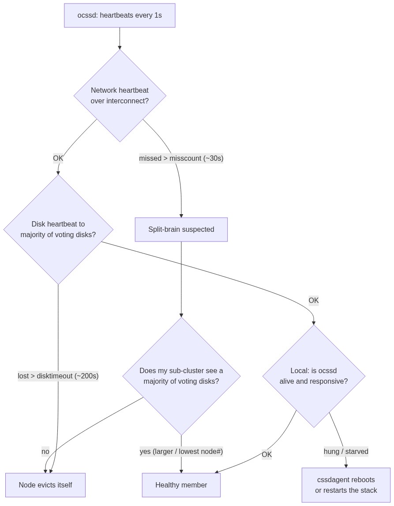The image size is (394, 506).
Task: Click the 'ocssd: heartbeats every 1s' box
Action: (x=120, y=15)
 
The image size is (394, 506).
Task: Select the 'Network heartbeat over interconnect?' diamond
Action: (x=120, y=95)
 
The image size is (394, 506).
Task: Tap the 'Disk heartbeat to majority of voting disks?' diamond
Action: (x=58, y=230)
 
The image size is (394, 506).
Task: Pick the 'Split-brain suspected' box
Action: (x=181, y=230)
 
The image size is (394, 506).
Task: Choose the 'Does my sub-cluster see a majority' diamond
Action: (x=181, y=376)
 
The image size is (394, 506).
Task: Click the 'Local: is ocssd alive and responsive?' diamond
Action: (x=314, y=376)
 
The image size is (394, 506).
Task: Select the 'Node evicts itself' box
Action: (x=45, y=485)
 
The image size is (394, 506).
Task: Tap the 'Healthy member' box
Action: (x=181, y=485)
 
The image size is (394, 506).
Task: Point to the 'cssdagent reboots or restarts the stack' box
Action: (x=346, y=485)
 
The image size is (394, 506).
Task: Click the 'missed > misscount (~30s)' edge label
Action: (x=181, y=159)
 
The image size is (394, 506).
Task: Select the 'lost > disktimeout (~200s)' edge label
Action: (x=58, y=376)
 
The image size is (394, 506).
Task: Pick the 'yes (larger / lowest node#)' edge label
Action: (x=181, y=451)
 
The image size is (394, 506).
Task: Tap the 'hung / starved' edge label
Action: (x=346, y=451)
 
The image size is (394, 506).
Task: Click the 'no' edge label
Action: (x=45, y=451)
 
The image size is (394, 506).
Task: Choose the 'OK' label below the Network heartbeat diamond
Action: (x=58, y=159)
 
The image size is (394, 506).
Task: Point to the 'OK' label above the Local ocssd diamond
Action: (x=314, y=300)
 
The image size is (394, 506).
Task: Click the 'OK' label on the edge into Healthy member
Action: (x=266, y=454)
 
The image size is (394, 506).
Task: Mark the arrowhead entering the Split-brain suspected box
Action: (x=181, y=215)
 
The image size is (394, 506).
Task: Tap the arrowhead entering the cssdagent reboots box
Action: (x=346, y=466)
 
